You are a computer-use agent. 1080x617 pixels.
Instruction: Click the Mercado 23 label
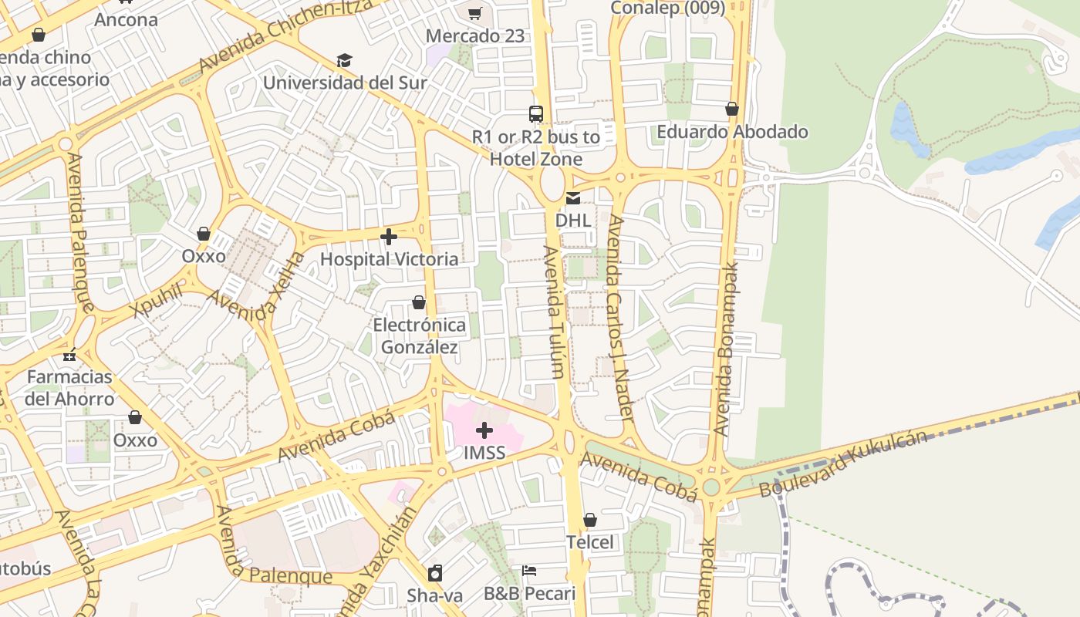point(475,36)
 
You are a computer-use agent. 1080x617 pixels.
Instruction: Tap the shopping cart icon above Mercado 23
point(475,13)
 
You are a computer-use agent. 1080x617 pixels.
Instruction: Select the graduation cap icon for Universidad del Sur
point(344,60)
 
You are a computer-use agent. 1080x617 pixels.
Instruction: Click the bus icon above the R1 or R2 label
point(536,114)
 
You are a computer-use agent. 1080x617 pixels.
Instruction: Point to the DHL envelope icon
point(573,198)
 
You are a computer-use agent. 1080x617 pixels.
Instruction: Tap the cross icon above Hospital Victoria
point(389,237)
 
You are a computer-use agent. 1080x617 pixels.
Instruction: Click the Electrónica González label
point(420,336)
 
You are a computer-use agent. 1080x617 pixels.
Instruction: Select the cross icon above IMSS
point(484,430)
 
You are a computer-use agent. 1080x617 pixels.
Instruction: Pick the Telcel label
point(590,542)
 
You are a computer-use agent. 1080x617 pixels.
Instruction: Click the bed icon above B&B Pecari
point(529,571)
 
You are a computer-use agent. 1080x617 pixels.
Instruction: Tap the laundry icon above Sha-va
point(435,573)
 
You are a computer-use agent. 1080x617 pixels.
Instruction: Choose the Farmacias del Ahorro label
point(69,388)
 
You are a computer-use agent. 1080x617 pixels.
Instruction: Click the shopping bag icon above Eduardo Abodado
point(732,109)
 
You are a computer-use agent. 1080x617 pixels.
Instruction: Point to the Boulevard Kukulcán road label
point(843,464)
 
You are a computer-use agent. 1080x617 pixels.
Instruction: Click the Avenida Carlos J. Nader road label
point(619,318)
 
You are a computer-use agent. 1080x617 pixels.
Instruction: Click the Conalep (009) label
point(667,8)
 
